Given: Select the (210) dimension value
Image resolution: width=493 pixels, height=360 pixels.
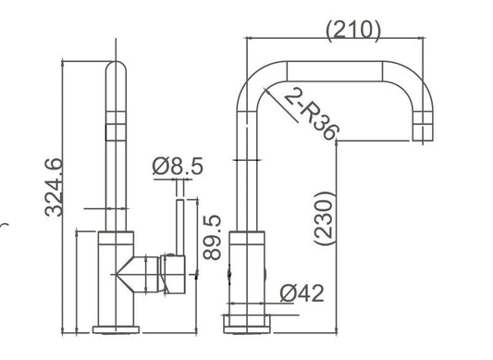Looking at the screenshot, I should tap(353, 29).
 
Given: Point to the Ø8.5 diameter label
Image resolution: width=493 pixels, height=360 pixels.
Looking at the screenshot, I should tap(177, 168).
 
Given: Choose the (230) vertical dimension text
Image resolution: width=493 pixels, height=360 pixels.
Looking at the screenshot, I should tap(324, 217).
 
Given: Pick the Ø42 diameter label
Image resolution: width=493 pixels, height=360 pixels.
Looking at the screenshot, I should tap(301, 293).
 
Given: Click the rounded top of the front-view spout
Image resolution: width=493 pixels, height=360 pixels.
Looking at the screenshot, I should tap(117, 70).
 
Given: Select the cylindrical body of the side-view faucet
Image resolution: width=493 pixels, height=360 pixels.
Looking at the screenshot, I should tap(247, 273).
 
